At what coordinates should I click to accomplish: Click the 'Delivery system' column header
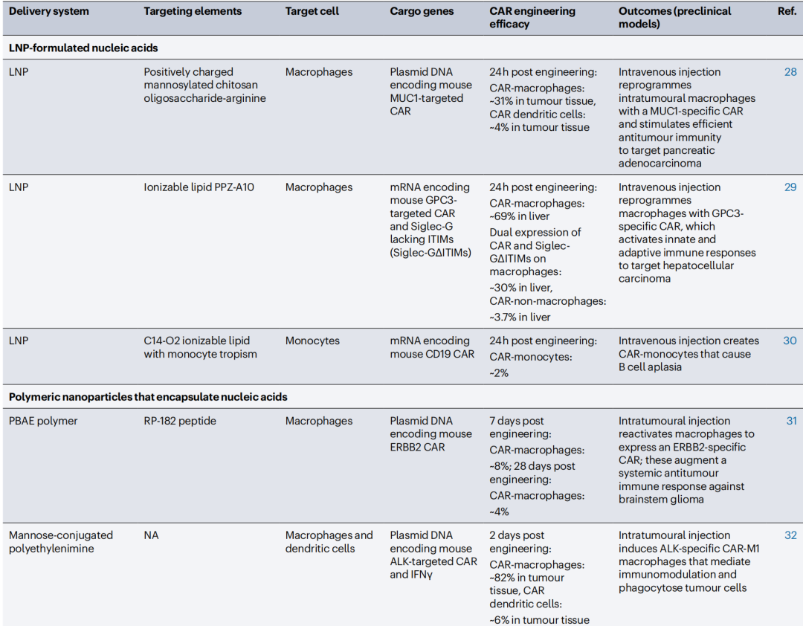pyautogui.click(x=48, y=11)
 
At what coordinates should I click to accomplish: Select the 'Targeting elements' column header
pyautogui.click(x=193, y=11)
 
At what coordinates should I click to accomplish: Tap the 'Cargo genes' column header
pyautogui.click(x=422, y=11)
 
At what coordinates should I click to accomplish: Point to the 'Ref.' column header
pyautogui.click(x=786, y=11)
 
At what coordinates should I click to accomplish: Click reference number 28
pyautogui.click(x=790, y=72)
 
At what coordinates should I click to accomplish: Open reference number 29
pyautogui.click(x=790, y=187)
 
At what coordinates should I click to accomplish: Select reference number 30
pyautogui.click(x=790, y=341)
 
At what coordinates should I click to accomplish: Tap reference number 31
pyautogui.click(x=791, y=421)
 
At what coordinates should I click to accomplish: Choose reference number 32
pyautogui.click(x=790, y=535)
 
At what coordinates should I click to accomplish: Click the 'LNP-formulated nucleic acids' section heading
pyautogui.click(x=83, y=48)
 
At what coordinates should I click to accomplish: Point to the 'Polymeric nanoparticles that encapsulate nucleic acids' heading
pyautogui.click(x=147, y=397)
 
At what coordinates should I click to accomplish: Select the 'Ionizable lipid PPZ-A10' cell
pyautogui.click(x=199, y=187)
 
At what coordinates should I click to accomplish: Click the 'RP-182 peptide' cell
pyautogui.click(x=180, y=421)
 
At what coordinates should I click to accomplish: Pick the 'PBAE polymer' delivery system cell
pyautogui.click(x=43, y=421)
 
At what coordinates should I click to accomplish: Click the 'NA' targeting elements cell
pyautogui.click(x=152, y=535)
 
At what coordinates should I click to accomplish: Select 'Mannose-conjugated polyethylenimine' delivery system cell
pyautogui.click(x=61, y=542)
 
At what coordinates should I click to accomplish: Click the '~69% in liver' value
pyautogui.click(x=519, y=216)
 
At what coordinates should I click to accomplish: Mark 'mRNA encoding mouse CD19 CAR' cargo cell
pyautogui.click(x=432, y=347)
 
